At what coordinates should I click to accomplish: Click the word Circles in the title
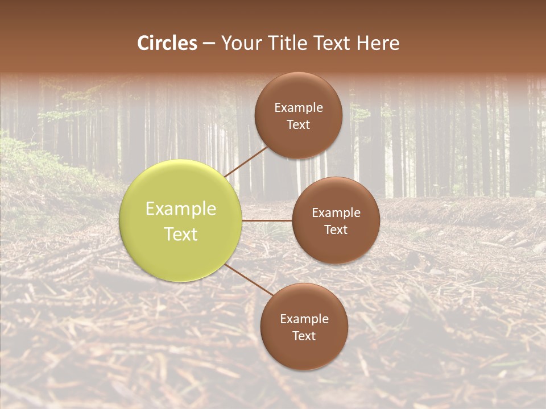point(167,43)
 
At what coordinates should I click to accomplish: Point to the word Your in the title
point(242,43)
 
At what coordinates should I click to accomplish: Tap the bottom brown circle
point(304,352)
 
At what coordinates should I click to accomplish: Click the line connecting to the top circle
point(246,161)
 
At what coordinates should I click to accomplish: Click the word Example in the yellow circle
point(181,209)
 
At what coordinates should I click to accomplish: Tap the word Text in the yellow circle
point(181,234)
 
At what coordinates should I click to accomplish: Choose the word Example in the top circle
point(298,108)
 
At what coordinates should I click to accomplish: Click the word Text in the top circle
point(298,124)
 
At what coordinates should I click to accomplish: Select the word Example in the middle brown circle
point(336,213)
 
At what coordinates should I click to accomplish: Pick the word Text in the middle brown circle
point(336,229)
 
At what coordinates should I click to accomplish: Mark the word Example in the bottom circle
point(304,319)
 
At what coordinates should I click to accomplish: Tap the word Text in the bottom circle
point(304,336)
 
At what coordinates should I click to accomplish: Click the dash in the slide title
point(209,44)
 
